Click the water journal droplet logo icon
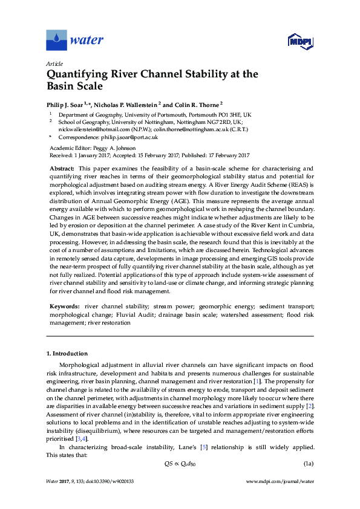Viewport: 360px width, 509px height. pos(57,40)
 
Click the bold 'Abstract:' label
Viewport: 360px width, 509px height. pos(62,168)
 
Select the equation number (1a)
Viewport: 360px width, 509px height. pos(307,464)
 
